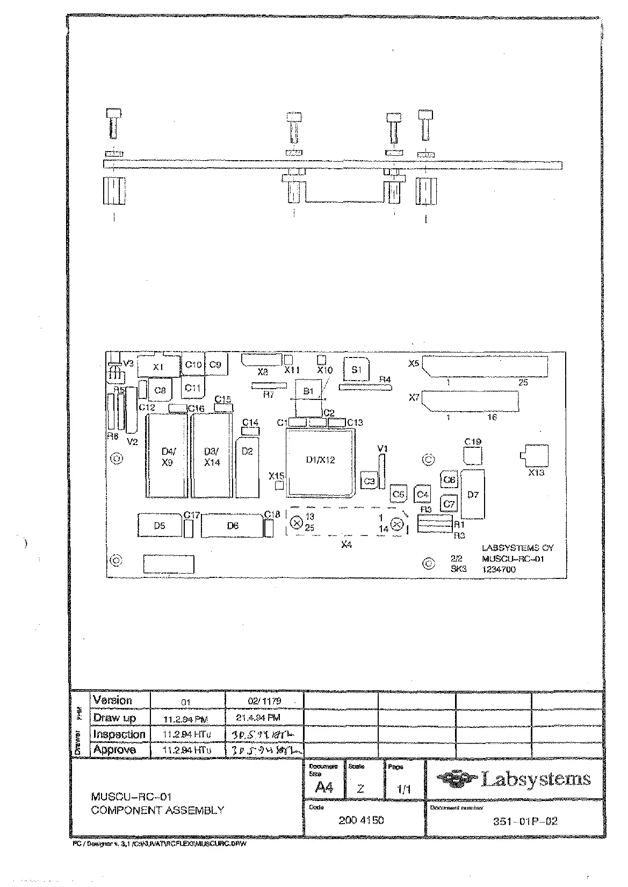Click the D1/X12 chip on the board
(320, 460)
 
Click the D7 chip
(473, 495)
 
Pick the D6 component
(233, 526)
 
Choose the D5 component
(160, 526)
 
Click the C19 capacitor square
(473, 455)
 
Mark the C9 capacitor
(215, 364)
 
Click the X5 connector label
(413, 363)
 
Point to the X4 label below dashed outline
(347, 545)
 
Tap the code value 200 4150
(361, 820)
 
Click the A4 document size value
(324, 788)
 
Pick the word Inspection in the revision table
(119, 734)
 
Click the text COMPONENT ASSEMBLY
(157, 810)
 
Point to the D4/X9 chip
(167, 457)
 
